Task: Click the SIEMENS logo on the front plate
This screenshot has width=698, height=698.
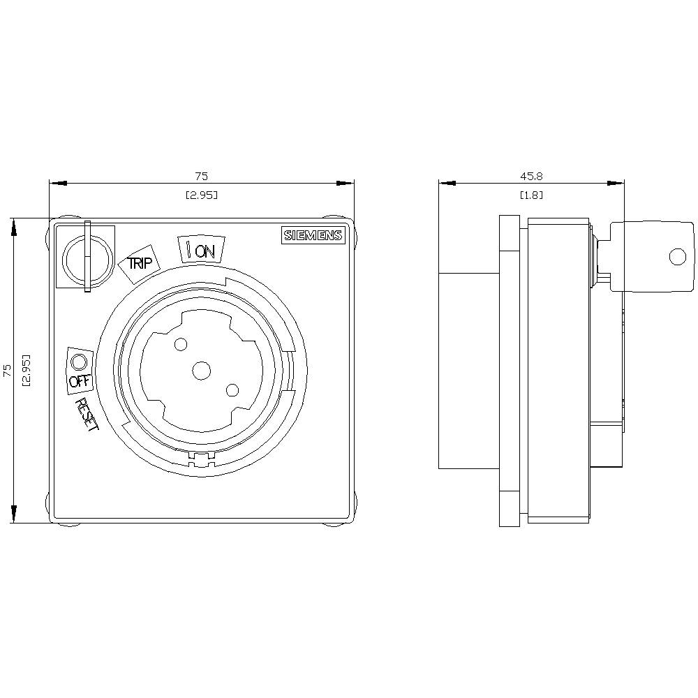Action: (x=313, y=236)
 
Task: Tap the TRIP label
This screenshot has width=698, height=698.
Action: (x=138, y=262)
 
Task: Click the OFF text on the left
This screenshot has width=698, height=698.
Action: (x=80, y=382)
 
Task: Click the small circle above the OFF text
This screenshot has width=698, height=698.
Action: (x=79, y=362)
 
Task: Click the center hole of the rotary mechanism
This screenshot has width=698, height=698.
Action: (x=202, y=371)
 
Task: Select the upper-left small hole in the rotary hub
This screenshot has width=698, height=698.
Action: (x=181, y=344)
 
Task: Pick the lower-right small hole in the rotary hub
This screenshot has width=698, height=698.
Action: (x=232, y=391)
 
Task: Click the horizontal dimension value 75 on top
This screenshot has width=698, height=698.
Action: (x=201, y=177)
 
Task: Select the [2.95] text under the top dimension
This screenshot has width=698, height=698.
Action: (x=201, y=195)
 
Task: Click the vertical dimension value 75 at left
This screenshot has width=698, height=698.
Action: (x=6, y=370)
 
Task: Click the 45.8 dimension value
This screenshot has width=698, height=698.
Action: (x=531, y=177)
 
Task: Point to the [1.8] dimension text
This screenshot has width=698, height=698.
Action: (x=531, y=195)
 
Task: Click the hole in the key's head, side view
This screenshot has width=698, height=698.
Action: (x=677, y=257)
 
